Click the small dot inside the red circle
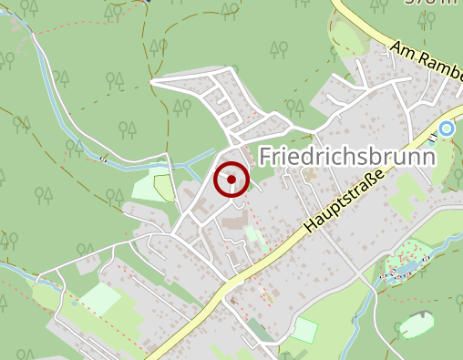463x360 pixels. tap(231, 180)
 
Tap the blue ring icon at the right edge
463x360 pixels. tap(446, 129)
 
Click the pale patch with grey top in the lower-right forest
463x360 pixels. tap(417, 324)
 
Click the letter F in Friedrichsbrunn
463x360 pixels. tap(266, 156)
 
